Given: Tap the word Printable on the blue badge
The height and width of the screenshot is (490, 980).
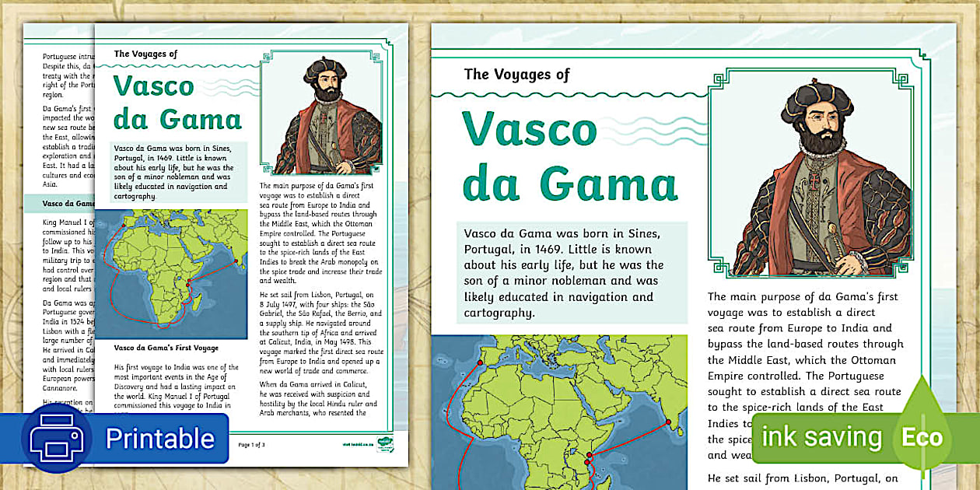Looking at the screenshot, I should coord(160,438).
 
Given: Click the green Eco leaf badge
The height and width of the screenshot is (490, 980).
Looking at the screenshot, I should coord(922,436).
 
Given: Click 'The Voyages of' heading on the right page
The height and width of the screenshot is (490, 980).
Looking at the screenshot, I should coord(516,75).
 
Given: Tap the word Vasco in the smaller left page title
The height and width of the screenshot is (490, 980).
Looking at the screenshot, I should coord(154,86).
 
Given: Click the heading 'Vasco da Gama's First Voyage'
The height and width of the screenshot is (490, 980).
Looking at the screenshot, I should coord(166,348).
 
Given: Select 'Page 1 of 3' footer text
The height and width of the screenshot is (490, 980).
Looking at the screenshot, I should coord(252,444).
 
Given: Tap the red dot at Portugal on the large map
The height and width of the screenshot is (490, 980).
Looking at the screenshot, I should coord(480,362).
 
